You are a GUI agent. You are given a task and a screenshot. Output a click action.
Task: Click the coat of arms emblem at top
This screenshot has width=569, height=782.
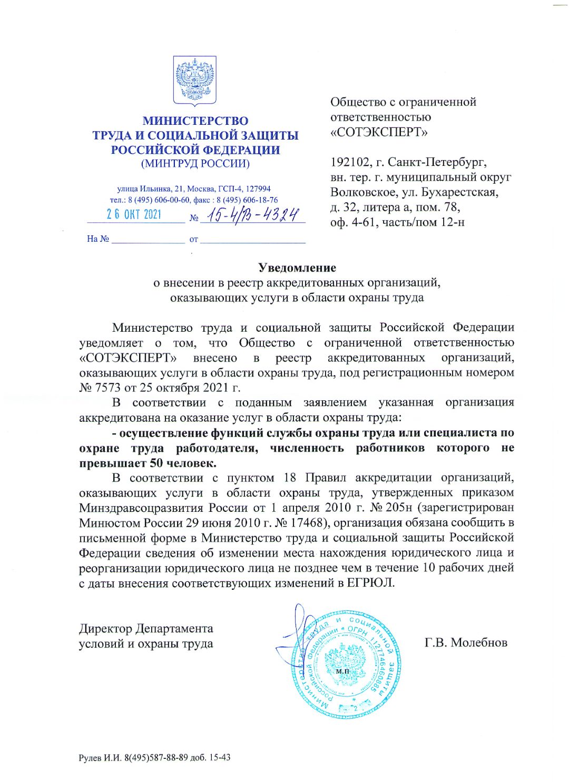click(x=195, y=81)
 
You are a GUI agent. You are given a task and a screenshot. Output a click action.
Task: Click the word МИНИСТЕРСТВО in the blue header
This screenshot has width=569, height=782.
click(x=195, y=121)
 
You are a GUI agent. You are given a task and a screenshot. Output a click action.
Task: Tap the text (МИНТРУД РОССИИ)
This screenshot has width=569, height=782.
click(x=195, y=163)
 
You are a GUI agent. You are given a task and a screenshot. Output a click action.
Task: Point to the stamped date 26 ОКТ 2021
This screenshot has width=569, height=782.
click(x=134, y=214)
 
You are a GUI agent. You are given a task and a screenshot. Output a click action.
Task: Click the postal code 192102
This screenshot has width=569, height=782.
click(x=350, y=162)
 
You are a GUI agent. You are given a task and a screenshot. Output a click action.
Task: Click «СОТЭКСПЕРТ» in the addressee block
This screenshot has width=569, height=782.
click(x=379, y=132)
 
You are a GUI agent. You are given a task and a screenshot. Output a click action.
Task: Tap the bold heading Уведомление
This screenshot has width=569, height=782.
click(x=297, y=268)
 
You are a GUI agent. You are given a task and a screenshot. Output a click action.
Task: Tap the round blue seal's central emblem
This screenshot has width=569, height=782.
click(x=344, y=665)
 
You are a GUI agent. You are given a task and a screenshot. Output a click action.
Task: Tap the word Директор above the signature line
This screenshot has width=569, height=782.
click(x=105, y=628)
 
